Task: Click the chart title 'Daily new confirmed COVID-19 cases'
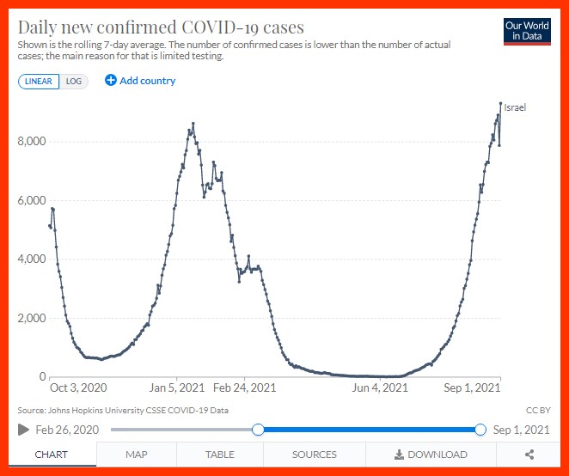(161, 27)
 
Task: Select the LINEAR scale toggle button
(38, 81)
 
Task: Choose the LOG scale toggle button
(74, 81)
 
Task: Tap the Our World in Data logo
(527, 30)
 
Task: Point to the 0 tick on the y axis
(40, 376)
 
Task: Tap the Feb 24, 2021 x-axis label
(245, 388)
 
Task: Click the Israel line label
(514, 108)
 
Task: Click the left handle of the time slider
(257, 430)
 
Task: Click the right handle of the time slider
(480, 430)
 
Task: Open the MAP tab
(136, 455)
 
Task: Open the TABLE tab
(219, 455)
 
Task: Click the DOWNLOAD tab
(431, 455)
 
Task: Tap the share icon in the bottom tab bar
(529, 455)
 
